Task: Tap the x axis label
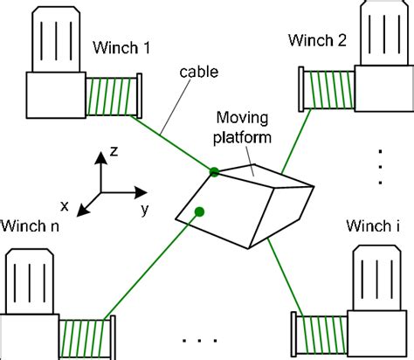click(65, 207)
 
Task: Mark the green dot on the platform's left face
click(199, 211)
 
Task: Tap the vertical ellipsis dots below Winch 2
click(382, 165)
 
